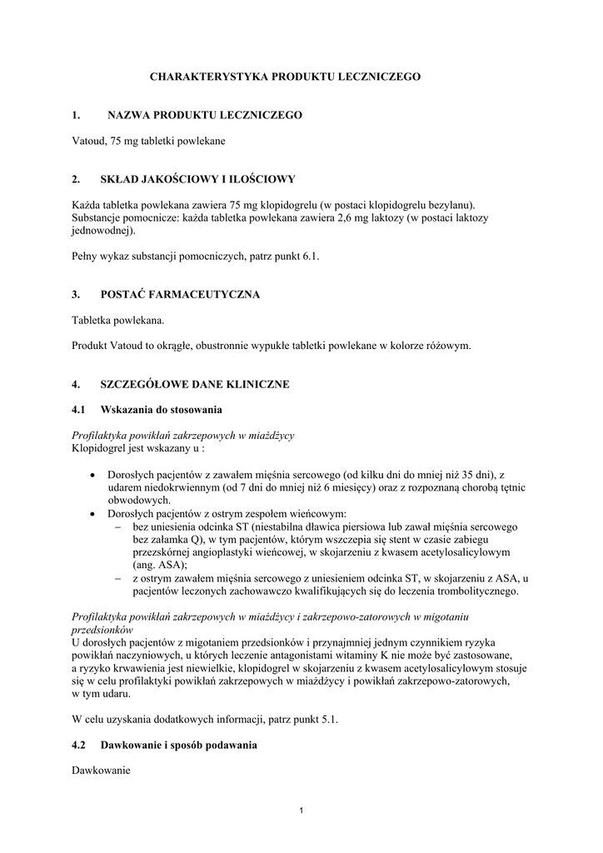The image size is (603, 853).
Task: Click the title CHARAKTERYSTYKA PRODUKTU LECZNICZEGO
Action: pos(285,76)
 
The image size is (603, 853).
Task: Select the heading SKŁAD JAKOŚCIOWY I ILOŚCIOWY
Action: pos(197,179)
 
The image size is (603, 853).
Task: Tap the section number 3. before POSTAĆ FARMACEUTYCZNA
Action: pos(76,295)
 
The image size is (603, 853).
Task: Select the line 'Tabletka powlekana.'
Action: pos(118,320)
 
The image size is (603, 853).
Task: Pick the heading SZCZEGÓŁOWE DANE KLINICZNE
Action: pos(195,384)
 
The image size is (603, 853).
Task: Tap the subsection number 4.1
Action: pos(79,410)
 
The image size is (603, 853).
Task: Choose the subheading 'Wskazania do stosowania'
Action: pos(162,410)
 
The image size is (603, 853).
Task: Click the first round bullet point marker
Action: pos(92,474)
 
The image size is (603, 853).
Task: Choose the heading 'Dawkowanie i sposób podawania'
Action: pos(178,746)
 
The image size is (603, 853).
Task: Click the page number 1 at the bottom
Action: pos(301,811)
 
